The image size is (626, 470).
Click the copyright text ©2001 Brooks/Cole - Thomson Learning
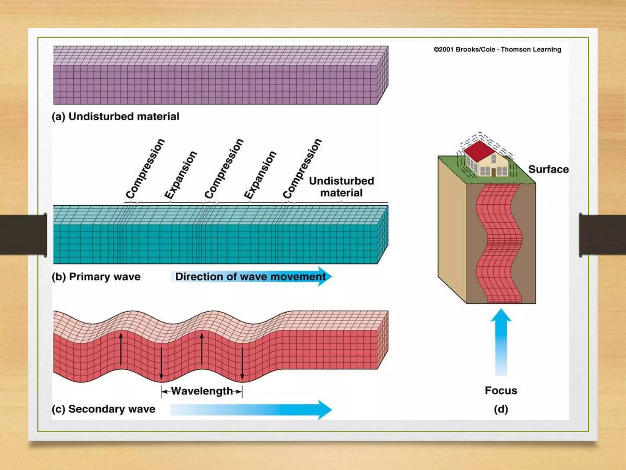[x=497, y=50]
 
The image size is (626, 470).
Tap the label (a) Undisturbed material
[x=116, y=117]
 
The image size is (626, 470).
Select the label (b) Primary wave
[x=96, y=277]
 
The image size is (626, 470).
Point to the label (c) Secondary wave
[x=103, y=409]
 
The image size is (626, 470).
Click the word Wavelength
[x=202, y=391]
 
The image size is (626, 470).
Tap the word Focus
[x=501, y=390]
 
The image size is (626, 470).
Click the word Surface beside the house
[x=548, y=169]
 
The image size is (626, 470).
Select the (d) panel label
[x=501, y=409]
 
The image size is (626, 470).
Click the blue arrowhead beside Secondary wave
[x=324, y=409]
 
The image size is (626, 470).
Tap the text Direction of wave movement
[x=250, y=277]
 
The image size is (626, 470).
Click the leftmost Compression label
[x=145, y=169]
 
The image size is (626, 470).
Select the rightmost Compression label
[x=302, y=169]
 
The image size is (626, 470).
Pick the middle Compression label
[x=224, y=169]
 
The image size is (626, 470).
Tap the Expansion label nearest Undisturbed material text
[x=260, y=175]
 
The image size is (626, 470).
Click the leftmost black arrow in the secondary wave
[x=121, y=349]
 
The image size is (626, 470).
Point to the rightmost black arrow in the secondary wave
[x=242, y=363]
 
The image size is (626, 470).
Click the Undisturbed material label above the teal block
[x=341, y=187]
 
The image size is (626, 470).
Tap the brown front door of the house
[x=493, y=172]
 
